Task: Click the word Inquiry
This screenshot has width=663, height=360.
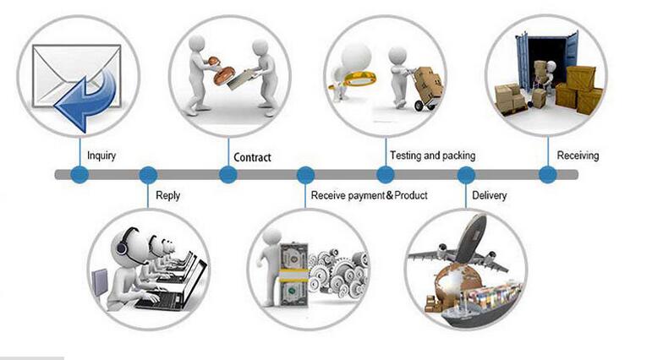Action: (101, 155)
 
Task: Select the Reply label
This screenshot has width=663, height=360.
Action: (167, 196)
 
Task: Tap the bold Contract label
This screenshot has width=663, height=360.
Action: (252, 157)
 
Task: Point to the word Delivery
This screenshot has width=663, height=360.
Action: (489, 196)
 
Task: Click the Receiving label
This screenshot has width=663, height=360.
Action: (578, 155)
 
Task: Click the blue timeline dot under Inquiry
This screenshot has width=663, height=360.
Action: (79, 174)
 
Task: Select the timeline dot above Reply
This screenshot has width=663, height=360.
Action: (148, 174)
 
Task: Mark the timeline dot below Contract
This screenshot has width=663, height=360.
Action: (228, 174)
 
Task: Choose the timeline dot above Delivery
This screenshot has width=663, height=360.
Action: (466, 174)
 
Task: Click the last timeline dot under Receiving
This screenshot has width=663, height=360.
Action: (548, 174)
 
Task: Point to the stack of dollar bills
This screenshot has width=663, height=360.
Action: (293, 275)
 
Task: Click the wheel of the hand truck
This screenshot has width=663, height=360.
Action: (419, 106)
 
